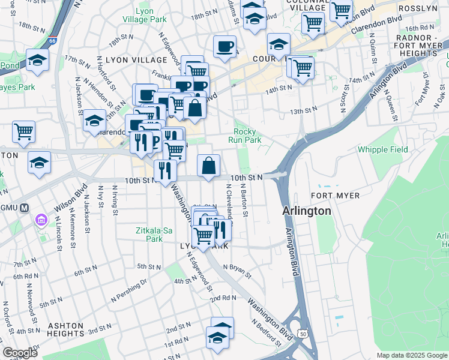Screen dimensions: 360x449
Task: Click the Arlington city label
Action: tap(307, 211)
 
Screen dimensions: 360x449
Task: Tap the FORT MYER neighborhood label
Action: tap(336, 196)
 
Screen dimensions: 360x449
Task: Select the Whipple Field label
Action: tap(382, 149)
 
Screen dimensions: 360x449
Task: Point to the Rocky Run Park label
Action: tap(247, 136)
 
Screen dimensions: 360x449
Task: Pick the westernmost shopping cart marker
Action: tap(23, 131)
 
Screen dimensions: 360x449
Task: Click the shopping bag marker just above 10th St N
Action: tap(208, 166)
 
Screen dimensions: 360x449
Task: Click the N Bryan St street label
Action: tap(236, 270)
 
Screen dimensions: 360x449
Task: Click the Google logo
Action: tap(20, 353)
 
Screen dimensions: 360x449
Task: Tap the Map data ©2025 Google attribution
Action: tap(411, 355)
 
